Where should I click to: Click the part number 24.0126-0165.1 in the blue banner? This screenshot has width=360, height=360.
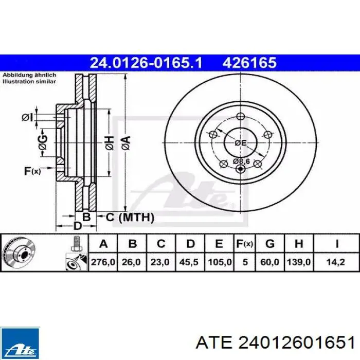tap(146, 63)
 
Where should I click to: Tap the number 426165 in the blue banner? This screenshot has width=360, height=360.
tap(249, 63)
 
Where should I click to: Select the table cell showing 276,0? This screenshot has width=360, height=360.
tap(103, 262)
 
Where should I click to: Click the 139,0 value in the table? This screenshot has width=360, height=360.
tap(299, 262)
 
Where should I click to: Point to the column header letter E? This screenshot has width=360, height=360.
tap(219, 244)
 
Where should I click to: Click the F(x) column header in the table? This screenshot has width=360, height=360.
tap(245, 244)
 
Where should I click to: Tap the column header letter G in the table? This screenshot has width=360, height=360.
tap(270, 244)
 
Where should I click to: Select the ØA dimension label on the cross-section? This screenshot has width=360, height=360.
tap(126, 143)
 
